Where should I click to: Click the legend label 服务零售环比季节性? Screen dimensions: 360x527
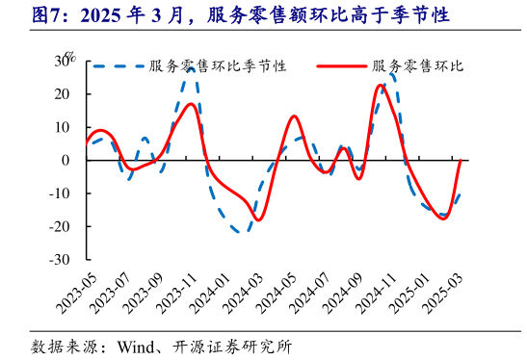click(218, 66)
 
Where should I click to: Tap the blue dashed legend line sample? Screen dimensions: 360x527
click(117, 66)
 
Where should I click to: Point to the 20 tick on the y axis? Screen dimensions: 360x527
click(64, 93)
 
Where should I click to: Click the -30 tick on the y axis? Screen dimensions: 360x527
click(61, 260)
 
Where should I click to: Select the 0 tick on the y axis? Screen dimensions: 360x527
click(67, 160)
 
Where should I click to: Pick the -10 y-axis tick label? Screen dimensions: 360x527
click(61, 193)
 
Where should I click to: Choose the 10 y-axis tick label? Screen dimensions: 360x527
click(64, 127)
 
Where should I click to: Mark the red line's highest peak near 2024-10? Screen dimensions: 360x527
click(381, 85)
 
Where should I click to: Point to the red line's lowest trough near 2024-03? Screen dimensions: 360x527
click(257, 220)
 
